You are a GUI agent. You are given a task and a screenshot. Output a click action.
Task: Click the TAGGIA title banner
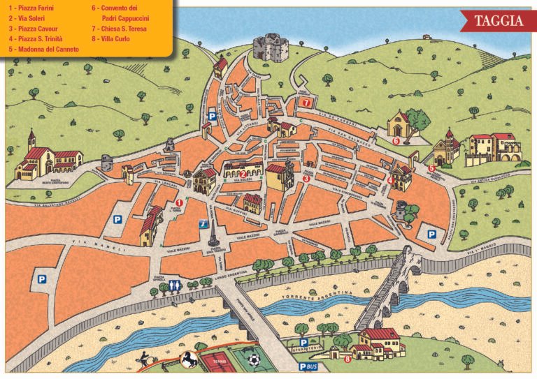pos(498,21)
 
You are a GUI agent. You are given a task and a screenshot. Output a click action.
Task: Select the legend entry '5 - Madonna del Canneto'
pos(43,50)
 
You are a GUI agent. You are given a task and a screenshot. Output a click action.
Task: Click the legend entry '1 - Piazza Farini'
pos(31,8)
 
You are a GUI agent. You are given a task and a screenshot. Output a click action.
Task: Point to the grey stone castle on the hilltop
pos(266,47)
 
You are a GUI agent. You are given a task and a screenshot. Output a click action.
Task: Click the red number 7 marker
pos(306,102)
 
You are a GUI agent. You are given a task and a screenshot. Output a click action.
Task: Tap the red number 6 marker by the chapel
pos(396,140)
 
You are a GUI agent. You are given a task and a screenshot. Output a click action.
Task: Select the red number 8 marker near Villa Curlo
pos(348,359)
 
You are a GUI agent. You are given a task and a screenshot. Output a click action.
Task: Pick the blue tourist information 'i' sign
pos(203,224)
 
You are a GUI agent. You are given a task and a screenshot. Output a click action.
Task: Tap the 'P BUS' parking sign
pos(308,366)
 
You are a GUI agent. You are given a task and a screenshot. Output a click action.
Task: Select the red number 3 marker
pos(306,178)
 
